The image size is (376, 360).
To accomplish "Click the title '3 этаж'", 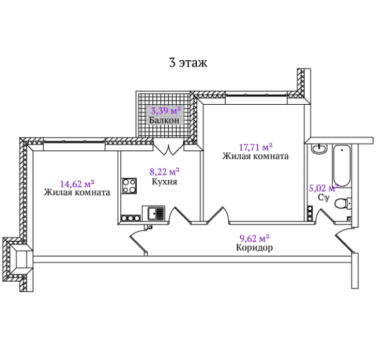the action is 188,63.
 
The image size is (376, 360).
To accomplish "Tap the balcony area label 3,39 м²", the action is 165,111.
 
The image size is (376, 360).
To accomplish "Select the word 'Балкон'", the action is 164,120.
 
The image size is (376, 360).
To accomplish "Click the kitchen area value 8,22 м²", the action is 164,172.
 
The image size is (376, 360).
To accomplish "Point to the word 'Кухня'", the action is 164,181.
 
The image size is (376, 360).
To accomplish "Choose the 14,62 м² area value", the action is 77,184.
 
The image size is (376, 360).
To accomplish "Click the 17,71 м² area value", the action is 256,147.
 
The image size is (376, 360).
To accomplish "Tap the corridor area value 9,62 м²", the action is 254,238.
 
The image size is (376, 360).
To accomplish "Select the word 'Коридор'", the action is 254,248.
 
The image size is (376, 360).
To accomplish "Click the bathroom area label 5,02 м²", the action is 323,188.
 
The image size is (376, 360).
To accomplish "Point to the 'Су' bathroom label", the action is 324,198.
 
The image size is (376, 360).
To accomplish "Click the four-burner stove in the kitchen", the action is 129,186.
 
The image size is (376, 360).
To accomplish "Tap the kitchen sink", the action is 154,213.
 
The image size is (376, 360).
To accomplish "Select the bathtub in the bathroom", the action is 342,166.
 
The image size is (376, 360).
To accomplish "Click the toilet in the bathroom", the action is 343,204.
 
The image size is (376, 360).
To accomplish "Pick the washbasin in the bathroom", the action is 319,148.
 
